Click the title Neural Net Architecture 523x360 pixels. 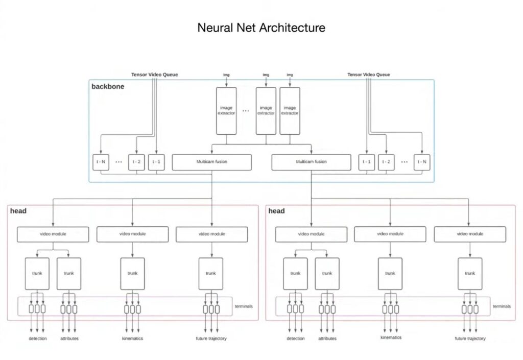point(261,28)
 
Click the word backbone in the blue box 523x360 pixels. point(108,86)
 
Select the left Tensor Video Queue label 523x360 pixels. point(154,75)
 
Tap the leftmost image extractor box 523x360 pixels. point(226,110)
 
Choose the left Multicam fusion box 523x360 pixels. point(212,162)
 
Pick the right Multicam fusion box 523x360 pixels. point(311,162)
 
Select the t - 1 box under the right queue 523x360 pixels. point(367,162)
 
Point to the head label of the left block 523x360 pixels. point(18,211)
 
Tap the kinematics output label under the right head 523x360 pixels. point(391,338)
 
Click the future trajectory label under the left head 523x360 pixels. point(211,339)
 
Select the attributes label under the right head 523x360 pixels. point(327,339)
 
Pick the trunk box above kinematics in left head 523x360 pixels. point(132,273)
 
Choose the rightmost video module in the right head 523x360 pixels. point(469,234)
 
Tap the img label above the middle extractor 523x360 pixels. point(266,75)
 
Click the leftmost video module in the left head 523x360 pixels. point(53,234)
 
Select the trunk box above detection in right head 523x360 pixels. point(295,273)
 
